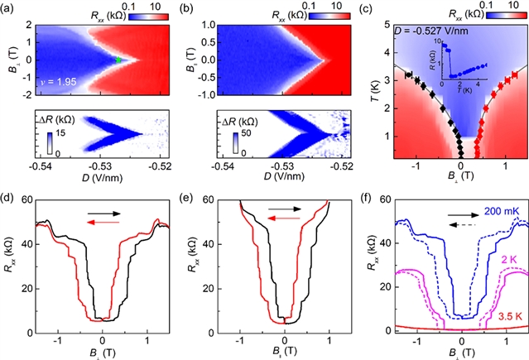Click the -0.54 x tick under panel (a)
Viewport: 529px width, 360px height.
click(x=45, y=164)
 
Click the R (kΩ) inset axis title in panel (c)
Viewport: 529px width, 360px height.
click(x=433, y=66)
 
